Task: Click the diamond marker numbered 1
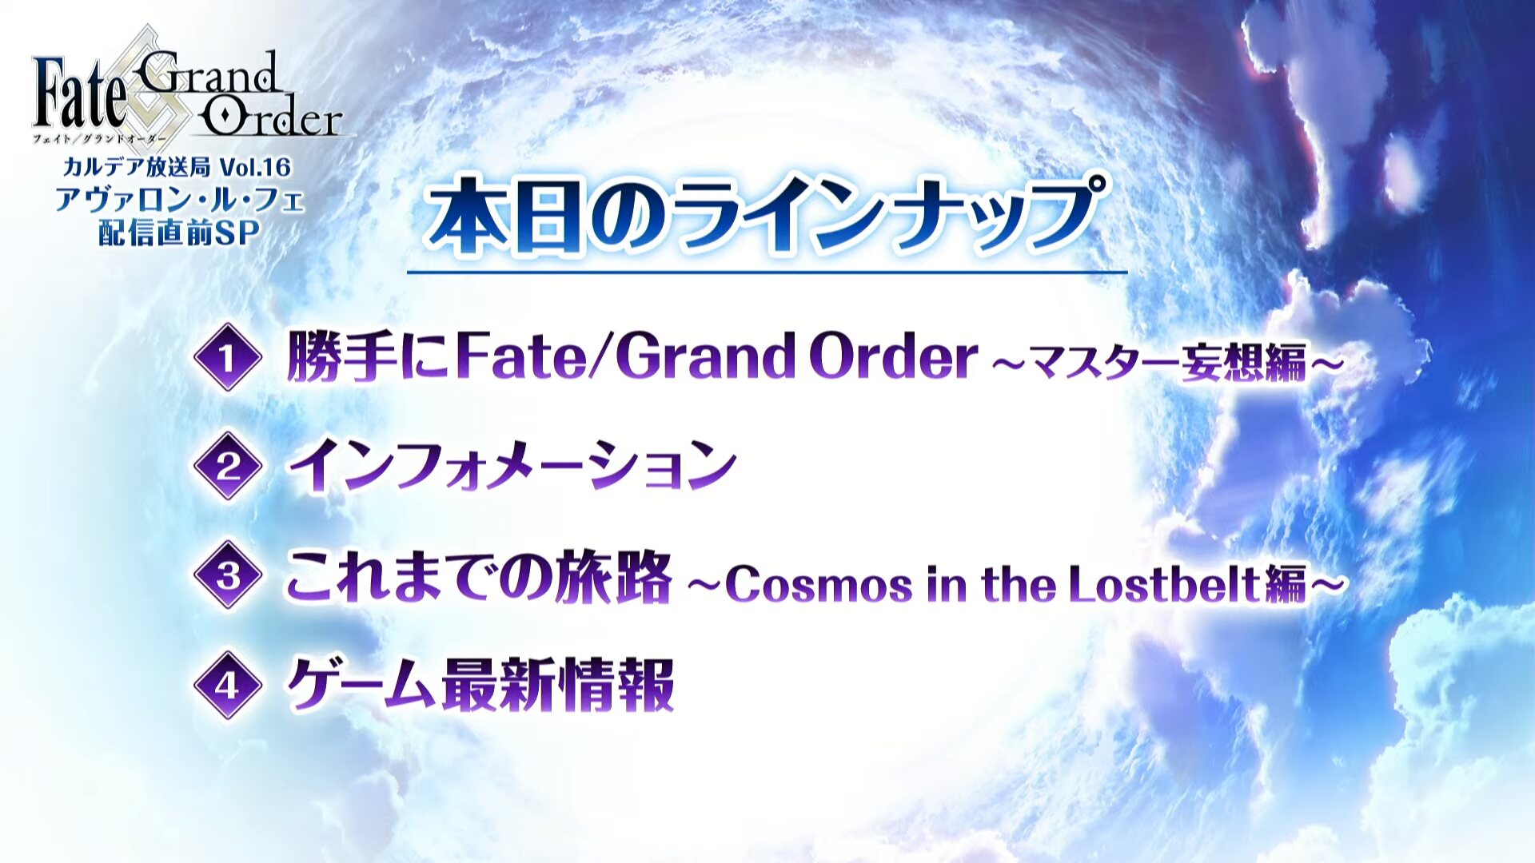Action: [x=228, y=357]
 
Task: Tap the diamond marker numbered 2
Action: [x=228, y=466]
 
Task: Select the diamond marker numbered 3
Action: [x=228, y=575]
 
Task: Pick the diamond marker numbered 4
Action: [x=228, y=685]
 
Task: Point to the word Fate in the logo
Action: [x=80, y=93]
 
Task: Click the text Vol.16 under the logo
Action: [x=256, y=167]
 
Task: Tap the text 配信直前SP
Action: [x=179, y=233]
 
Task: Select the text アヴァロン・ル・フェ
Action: [x=180, y=200]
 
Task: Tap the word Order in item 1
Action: [x=893, y=356]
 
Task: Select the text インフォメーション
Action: [x=512, y=466]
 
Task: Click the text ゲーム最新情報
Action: [x=480, y=685]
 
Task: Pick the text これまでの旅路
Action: [x=479, y=575]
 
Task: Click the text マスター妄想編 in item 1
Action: [x=1167, y=362]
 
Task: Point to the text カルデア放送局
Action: [x=137, y=167]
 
